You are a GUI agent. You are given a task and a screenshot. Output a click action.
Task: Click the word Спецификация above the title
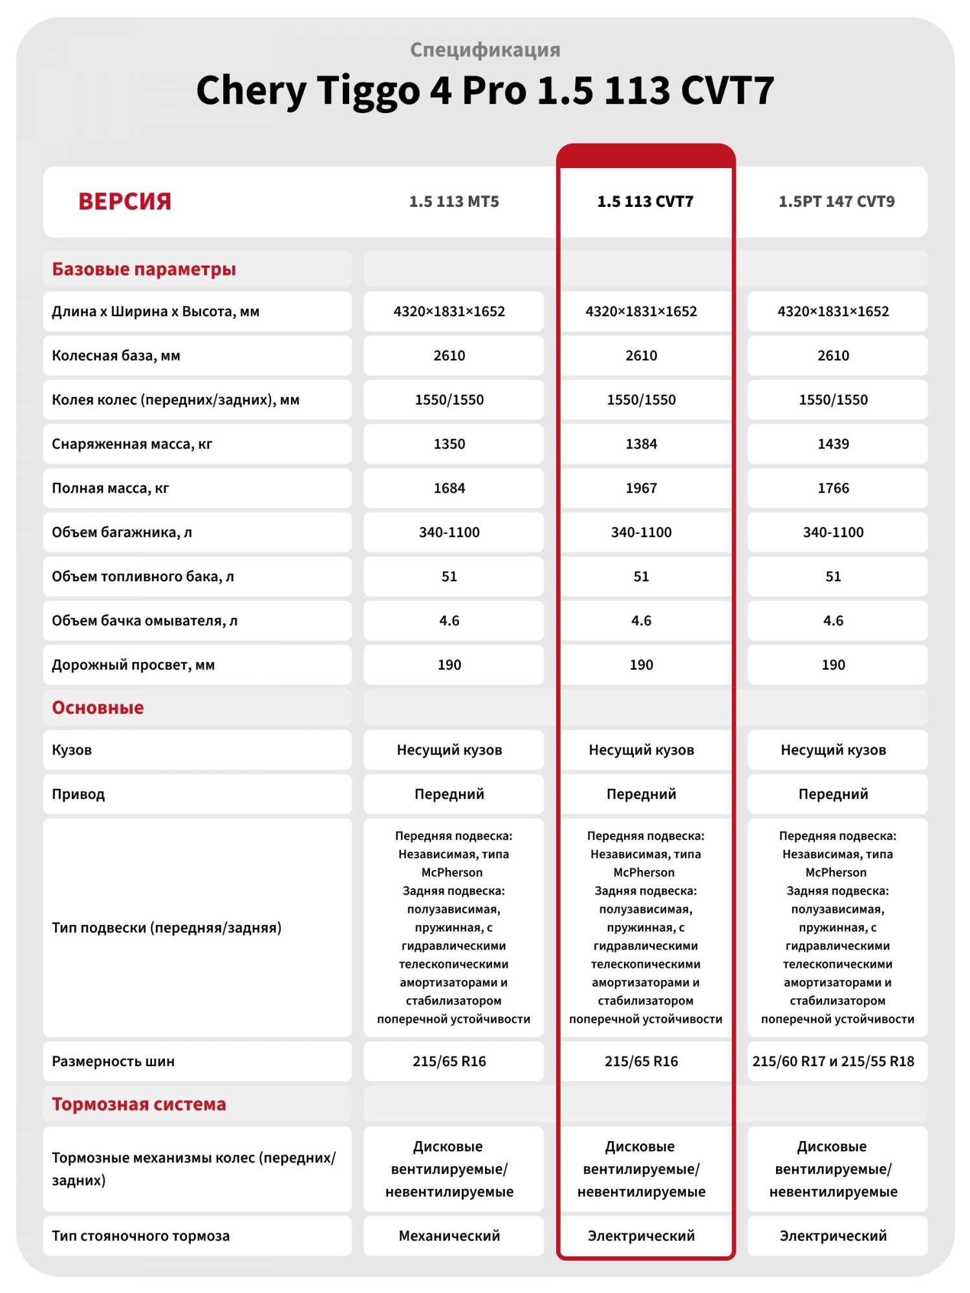(485, 50)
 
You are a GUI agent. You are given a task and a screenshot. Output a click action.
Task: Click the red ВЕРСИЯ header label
(125, 202)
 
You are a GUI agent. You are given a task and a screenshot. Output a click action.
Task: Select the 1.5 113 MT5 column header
(454, 202)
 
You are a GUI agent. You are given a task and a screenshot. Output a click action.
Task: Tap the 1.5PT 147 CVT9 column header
(836, 202)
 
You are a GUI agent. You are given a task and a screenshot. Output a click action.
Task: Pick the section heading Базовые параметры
(144, 269)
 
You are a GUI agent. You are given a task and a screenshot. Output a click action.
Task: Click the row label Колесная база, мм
(116, 356)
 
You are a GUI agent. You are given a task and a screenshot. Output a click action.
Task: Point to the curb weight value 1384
(641, 444)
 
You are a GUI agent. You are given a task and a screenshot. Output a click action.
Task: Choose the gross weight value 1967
(641, 488)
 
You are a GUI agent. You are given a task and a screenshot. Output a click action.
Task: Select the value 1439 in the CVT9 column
(833, 444)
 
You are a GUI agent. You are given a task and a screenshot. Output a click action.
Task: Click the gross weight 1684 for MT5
(449, 488)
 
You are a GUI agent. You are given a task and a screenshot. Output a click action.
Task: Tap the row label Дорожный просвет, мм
(133, 665)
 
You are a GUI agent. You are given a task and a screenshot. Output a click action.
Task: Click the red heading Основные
(98, 708)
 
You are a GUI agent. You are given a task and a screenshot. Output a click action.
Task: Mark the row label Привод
(78, 794)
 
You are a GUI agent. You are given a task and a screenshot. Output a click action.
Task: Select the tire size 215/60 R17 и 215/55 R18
(833, 1062)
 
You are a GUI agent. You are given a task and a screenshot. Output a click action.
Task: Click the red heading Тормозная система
(139, 1104)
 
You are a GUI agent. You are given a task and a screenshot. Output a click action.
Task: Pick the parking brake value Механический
(449, 1236)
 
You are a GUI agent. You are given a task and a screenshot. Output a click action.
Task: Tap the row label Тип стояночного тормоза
(140, 1236)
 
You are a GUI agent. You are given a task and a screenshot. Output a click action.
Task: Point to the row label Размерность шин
(113, 1062)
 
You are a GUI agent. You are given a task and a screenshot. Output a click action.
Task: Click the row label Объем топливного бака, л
(143, 577)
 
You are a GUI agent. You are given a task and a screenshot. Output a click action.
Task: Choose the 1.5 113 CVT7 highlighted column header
(645, 202)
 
